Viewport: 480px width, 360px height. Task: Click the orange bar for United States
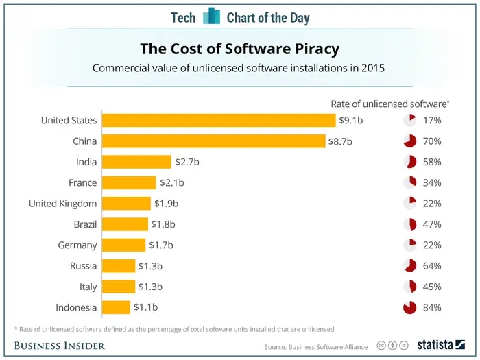click(x=219, y=121)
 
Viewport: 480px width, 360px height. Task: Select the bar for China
click(x=213, y=141)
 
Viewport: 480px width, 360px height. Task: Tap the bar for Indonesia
click(x=116, y=307)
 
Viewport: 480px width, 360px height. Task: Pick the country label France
click(x=82, y=183)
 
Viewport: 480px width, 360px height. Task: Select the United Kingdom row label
click(x=62, y=204)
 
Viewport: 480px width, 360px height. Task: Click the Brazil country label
click(x=85, y=224)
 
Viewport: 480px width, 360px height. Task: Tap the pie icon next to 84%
click(x=409, y=307)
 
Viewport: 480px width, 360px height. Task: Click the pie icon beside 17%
click(x=409, y=121)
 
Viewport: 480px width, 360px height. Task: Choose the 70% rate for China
click(x=432, y=141)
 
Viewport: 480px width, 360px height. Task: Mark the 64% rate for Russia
click(x=432, y=266)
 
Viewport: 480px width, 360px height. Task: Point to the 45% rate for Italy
click(x=432, y=287)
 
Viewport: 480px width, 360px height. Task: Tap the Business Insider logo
click(x=60, y=346)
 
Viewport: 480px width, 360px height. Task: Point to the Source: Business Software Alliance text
click(x=316, y=346)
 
